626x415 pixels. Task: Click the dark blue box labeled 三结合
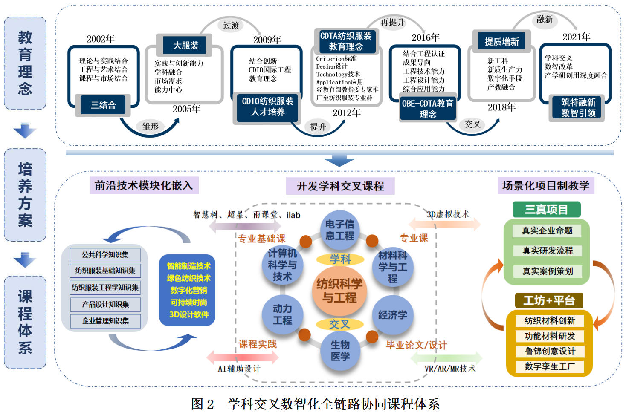coord(103,105)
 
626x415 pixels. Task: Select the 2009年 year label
coord(267,40)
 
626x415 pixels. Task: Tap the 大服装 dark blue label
coord(185,45)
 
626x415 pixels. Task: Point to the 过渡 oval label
coord(231,26)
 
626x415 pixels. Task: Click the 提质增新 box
coord(501,42)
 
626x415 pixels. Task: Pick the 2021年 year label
coord(576,37)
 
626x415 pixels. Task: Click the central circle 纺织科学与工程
coord(339,291)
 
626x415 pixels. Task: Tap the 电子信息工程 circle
coord(339,230)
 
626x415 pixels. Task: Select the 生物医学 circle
coord(340,350)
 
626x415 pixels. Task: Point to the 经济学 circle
coord(392,315)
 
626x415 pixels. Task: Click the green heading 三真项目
coord(546,210)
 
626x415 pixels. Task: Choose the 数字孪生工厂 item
coord(549,366)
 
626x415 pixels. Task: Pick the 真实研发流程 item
coord(548,251)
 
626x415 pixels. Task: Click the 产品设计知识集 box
coord(105,304)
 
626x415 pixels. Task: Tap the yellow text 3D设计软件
coord(189,314)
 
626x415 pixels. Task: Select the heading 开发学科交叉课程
coord(340,186)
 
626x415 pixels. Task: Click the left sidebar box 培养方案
coord(25,195)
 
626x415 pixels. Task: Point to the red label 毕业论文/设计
coord(416,345)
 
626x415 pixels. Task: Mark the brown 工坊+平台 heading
coord(549,301)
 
